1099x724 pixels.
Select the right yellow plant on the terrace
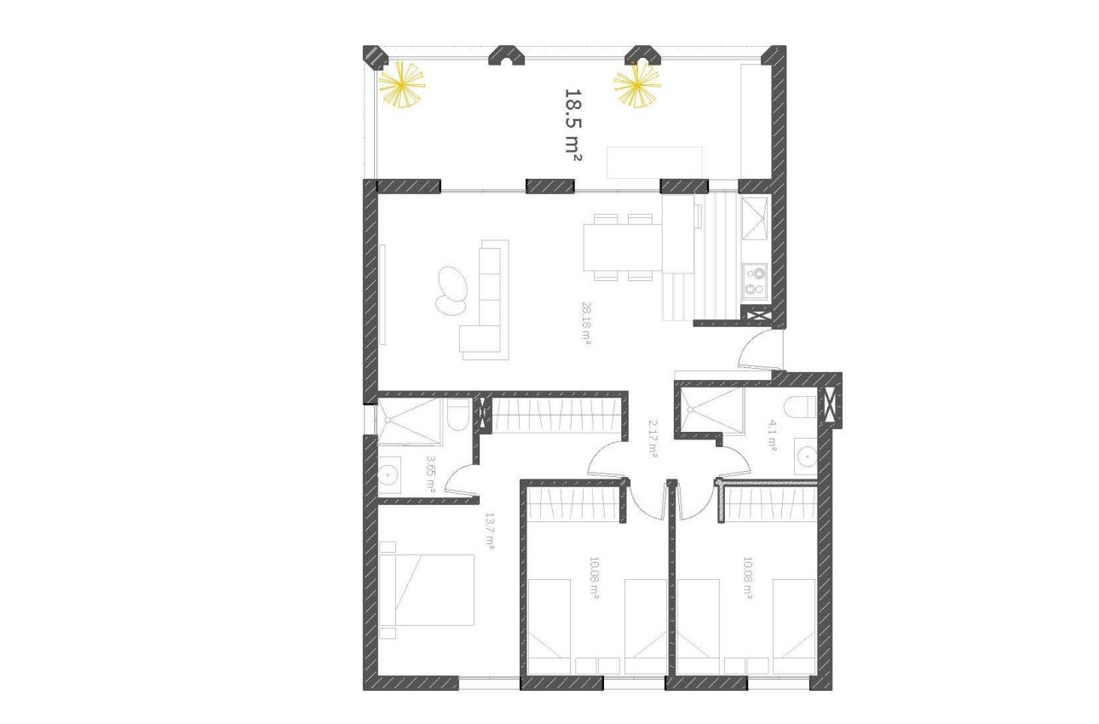[637, 86]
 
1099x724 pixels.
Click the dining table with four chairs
[621, 248]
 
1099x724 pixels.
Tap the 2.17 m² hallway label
[653, 439]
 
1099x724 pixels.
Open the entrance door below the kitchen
[758, 349]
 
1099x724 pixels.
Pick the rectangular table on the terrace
[654, 162]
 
